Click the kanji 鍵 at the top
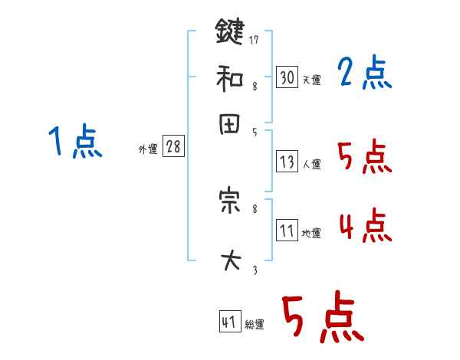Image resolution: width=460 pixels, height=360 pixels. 229,33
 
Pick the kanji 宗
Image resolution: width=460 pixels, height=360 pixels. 229,201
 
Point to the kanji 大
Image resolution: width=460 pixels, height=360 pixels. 229,261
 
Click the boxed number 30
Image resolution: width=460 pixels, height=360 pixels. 287,77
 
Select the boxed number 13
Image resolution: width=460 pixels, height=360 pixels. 287,162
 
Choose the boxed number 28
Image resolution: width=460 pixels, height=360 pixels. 173,147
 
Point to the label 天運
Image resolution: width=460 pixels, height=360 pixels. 311,80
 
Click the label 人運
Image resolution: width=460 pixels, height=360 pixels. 311,164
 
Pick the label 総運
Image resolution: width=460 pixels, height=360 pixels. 255,325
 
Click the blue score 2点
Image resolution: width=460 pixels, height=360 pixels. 364,74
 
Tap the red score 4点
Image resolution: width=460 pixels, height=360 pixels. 365,227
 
